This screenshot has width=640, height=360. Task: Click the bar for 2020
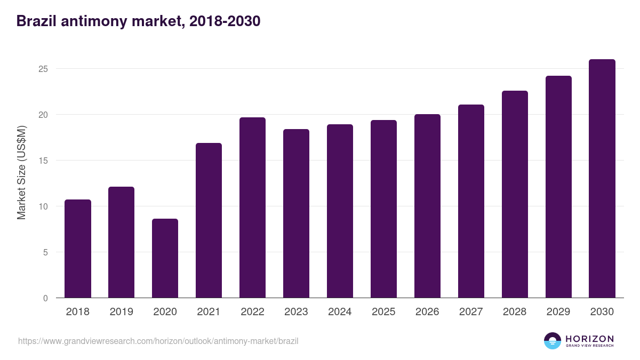[165, 259]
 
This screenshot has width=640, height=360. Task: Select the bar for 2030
[602, 179]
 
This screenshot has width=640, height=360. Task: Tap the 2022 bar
[252, 208]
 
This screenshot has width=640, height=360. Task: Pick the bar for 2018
[78, 249]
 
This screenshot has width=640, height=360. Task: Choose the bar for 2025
[383, 209]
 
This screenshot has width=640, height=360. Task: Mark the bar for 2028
[515, 195]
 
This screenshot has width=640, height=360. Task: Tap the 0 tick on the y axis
[45, 298]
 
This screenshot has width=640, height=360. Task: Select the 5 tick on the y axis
[45, 252]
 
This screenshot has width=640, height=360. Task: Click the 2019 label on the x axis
[121, 312]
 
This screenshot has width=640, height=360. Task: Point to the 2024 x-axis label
[340, 312]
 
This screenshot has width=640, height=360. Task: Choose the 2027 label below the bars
[471, 312]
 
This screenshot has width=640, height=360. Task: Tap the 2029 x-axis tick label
[558, 312]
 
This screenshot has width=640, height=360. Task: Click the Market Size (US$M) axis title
[22, 173]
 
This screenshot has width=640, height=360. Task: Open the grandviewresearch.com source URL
[158, 341]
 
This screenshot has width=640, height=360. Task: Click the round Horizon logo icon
[553, 341]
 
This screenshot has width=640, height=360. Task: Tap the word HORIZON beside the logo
[589, 338]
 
